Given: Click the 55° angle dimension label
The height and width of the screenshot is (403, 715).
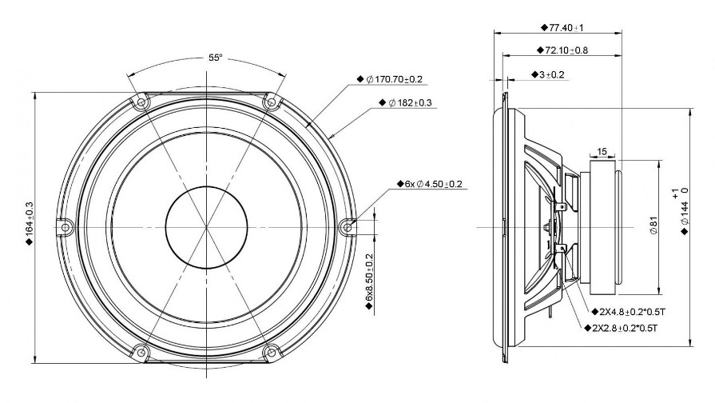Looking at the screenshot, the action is pos(216,58).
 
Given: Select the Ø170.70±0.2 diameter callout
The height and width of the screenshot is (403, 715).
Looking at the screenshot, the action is pos(390,79).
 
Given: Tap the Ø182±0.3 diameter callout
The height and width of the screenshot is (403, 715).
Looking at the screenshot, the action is pos(405,102).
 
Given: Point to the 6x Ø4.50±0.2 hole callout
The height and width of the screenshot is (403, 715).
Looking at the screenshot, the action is pos(430,184).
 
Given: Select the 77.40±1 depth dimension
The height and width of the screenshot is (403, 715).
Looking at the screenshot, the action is pos(562,28).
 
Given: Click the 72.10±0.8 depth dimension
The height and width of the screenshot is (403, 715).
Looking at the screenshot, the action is pos(562,50).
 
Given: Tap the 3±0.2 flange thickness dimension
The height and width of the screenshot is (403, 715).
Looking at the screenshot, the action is pos(548,74).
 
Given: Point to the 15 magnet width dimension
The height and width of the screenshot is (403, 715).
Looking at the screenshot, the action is pos(602,151).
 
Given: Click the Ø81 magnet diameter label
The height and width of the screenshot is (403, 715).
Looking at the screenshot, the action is pos(653,225).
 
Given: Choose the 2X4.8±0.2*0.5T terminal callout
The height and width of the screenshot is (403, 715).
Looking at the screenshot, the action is pos(629,312).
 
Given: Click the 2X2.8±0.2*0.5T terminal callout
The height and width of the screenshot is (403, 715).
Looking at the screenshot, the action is pos(621,328).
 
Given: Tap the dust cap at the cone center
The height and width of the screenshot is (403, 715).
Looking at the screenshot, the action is pos(207,227).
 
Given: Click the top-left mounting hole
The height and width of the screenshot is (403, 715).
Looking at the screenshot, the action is pos(141,102).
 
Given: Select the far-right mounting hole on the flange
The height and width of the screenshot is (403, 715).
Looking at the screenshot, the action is pos(348,227).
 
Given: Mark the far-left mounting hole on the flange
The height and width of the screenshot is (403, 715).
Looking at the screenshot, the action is pos(65,227).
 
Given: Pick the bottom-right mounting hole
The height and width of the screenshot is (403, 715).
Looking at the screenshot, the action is pos(272,352).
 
